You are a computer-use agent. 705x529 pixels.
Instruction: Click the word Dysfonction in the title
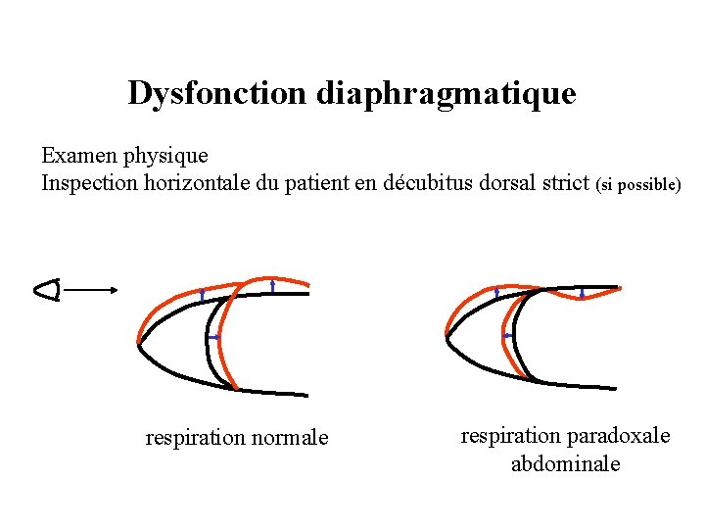[217, 94]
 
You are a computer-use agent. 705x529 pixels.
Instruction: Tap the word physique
[167, 156]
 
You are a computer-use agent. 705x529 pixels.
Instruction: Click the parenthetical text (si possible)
[637, 184]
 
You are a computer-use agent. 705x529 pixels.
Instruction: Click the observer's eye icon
[47, 289]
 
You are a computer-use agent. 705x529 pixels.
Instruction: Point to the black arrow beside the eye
[95, 289]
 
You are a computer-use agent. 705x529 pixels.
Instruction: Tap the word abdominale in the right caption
[565, 463]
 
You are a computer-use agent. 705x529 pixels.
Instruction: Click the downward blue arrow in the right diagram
[583, 293]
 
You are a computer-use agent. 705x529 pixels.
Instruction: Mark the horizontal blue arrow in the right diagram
[508, 335]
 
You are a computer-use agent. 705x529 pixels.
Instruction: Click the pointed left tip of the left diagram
[139, 344]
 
